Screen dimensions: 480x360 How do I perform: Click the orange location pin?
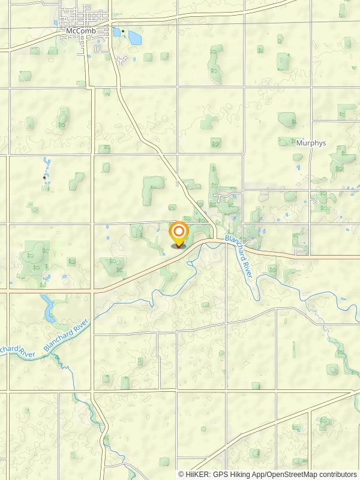178,235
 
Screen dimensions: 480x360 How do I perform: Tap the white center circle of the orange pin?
178,231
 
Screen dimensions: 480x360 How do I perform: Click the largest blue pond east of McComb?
134,38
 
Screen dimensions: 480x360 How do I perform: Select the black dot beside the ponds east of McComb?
123,31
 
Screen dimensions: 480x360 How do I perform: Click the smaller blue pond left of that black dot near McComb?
116,32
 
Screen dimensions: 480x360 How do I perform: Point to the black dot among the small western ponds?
44,177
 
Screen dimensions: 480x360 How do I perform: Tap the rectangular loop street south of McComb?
123,60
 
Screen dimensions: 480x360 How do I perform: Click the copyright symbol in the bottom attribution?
181,474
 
